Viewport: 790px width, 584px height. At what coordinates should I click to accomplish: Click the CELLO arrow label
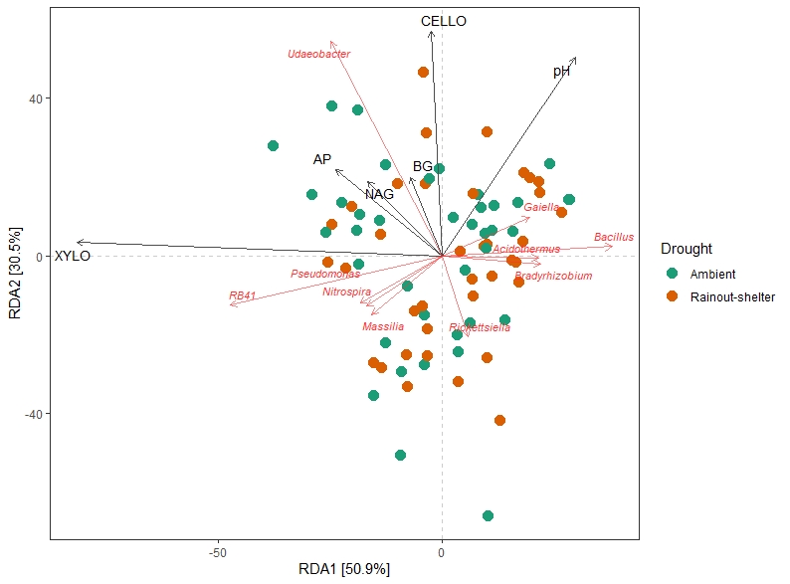tap(443, 21)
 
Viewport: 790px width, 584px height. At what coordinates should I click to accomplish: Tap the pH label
tap(562, 72)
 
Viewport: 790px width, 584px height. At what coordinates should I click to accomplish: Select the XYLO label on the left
tap(73, 256)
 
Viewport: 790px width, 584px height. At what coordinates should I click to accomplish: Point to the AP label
tap(321, 159)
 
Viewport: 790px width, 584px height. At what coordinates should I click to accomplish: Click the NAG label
tap(379, 194)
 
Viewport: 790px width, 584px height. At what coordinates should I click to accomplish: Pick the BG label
tap(423, 166)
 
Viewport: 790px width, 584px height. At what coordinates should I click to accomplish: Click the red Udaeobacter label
tap(318, 54)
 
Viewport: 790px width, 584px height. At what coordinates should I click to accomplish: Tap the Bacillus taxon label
tap(614, 237)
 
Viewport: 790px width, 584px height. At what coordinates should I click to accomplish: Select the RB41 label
tap(243, 295)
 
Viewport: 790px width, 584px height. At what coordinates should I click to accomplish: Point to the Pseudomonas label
tap(325, 274)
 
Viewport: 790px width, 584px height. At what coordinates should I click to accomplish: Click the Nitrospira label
tap(346, 292)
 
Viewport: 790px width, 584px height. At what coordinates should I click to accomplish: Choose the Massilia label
tap(383, 326)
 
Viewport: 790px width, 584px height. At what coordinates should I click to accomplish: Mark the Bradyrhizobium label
tap(553, 276)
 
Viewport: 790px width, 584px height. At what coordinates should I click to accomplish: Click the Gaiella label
tap(541, 207)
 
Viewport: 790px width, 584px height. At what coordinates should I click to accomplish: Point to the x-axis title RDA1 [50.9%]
tap(344, 569)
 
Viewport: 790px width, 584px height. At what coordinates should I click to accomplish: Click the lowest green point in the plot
tap(488, 515)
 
